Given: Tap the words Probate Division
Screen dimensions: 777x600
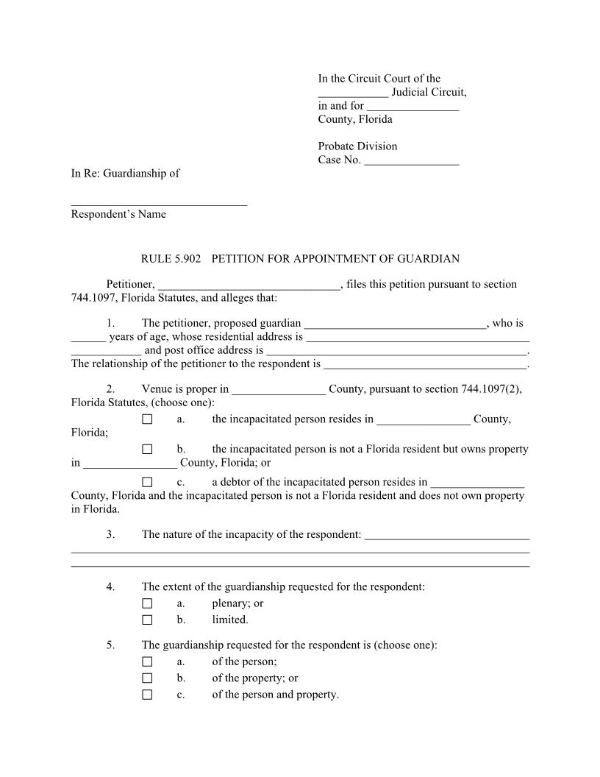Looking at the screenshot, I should coord(357,146).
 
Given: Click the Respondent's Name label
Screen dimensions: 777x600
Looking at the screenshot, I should coord(118,214).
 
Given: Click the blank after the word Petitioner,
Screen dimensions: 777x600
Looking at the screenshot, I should coord(249,285).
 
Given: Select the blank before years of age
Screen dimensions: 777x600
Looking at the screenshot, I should coord(88,338).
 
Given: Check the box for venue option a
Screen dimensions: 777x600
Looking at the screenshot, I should coord(147,419).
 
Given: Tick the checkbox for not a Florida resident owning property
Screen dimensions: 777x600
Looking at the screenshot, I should coord(147,449).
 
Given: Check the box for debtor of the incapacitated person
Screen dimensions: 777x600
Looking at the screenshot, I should coord(147,483).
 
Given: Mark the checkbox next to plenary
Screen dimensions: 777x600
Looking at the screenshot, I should coord(147,603).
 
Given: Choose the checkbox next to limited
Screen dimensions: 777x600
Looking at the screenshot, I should coord(147,620).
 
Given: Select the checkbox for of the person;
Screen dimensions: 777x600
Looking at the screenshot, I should coord(147,662).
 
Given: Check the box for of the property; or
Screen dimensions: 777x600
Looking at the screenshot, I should coord(147,678).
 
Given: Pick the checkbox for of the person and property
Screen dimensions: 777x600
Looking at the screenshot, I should coord(147,695).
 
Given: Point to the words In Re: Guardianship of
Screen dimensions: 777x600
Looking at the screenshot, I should coord(125,174).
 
